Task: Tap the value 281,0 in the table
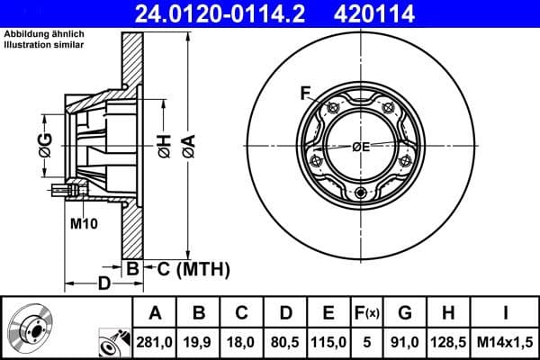(154, 340)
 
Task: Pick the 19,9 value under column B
(198, 340)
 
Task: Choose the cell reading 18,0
(241, 340)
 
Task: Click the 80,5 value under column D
(285, 340)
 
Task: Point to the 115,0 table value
(329, 340)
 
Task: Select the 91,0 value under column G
(405, 340)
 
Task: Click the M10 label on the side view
(83, 221)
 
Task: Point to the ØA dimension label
(188, 143)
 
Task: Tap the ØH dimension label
(165, 145)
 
